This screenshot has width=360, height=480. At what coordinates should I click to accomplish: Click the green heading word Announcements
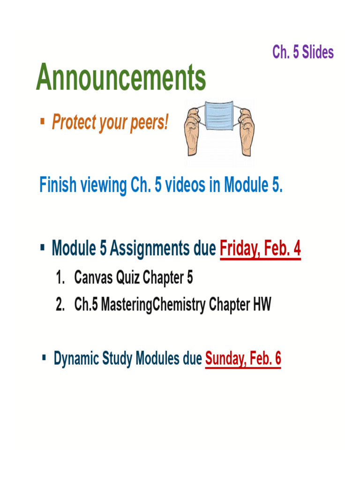[x=121, y=78]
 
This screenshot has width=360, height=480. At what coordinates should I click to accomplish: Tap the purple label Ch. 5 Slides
[x=303, y=52]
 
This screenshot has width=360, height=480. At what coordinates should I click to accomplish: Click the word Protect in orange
[x=73, y=123]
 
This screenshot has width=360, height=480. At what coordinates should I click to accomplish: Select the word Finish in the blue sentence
[x=57, y=185]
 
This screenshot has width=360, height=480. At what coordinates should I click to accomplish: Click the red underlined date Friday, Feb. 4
[x=260, y=248]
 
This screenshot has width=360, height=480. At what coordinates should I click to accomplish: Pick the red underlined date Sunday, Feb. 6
[x=243, y=359]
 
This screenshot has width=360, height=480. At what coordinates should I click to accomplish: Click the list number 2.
[x=59, y=305]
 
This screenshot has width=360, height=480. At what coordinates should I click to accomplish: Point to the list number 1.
[x=59, y=278]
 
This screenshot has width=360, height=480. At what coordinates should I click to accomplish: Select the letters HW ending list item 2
[x=262, y=305]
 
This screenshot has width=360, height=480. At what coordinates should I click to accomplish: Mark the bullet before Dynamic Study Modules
[x=44, y=358]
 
